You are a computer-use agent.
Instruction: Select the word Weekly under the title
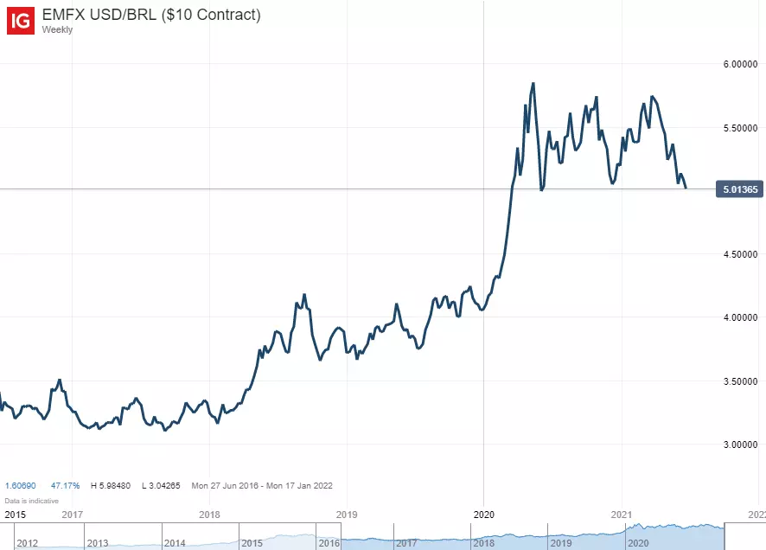[57, 29]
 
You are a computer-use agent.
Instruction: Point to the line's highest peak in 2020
[533, 84]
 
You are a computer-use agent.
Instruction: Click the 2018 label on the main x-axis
[209, 514]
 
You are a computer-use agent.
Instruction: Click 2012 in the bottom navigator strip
[26, 543]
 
